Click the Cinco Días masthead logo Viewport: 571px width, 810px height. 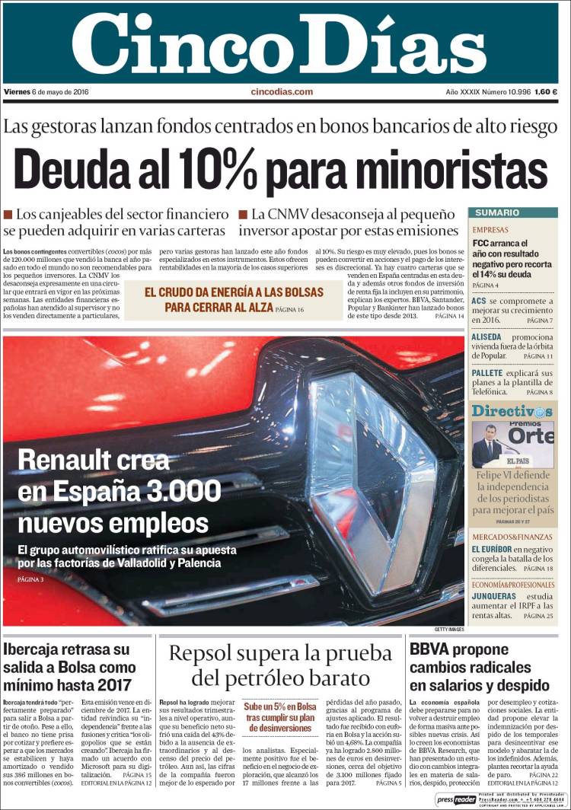tap(279, 43)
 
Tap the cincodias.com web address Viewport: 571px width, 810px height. tap(282, 92)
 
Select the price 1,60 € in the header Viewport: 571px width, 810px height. tap(546, 92)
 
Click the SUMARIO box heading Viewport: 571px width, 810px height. tap(493, 213)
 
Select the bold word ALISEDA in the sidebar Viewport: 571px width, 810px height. tap(486, 337)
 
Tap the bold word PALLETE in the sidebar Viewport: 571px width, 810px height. tap(487, 374)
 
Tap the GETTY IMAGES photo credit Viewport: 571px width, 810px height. tap(449, 630)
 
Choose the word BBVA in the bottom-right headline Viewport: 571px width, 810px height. tap(430, 650)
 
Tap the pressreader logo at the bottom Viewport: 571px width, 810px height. tap(455, 799)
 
